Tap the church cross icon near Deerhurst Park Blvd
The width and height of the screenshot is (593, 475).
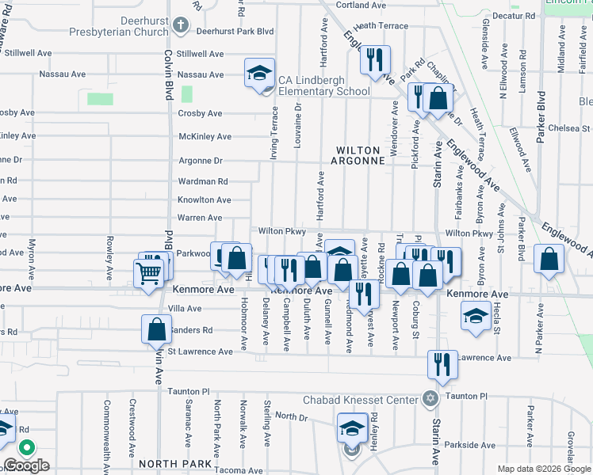pyautogui.click(x=180, y=25)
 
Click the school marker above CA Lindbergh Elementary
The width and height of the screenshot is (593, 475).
pyautogui.click(x=259, y=74)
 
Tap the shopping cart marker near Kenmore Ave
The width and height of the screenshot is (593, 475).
pyautogui.click(x=148, y=275)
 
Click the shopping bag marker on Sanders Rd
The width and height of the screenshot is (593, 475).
pyautogui.click(x=157, y=329)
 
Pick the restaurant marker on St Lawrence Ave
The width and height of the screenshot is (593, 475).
pyautogui.click(x=442, y=363)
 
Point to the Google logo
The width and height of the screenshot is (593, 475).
pyautogui.click(x=26, y=465)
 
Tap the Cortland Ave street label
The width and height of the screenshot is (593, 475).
pyautogui.click(x=360, y=5)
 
